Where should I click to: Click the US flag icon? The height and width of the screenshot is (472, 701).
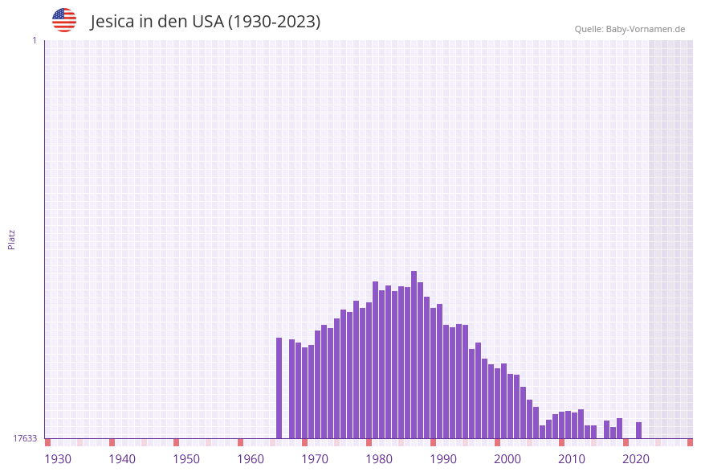tap(64, 20)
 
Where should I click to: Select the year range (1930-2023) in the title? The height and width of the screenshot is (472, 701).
tap(274, 22)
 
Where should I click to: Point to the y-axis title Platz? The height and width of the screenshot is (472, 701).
tap(12, 239)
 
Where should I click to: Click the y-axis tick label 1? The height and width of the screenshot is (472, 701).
tap(34, 40)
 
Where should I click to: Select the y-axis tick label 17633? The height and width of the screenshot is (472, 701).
tap(25, 438)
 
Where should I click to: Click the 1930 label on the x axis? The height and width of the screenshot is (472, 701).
tap(58, 459)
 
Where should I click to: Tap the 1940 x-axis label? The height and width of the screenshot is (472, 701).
tap(122, 459)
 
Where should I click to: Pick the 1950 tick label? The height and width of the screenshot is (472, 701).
tap(186, 459)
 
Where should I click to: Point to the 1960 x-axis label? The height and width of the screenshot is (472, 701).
tap(251, 459)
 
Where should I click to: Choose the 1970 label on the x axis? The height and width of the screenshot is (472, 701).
tap(315, 459)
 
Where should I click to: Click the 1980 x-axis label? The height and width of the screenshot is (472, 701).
tap(379, 459)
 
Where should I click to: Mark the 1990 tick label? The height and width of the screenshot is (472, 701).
tap(443, 459)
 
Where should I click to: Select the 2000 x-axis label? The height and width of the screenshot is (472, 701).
tap(507, 459)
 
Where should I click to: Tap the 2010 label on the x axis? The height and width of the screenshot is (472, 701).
tap(572, 459)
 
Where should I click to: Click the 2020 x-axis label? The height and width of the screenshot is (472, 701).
tap(636, 459)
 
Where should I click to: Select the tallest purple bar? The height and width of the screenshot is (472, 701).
tap(414, 354)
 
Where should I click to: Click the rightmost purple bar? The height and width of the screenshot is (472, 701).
tap(639, 430)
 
